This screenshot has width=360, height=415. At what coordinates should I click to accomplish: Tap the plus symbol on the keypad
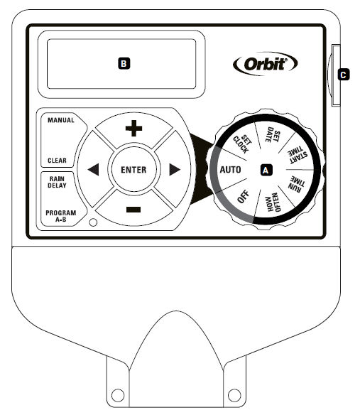[x=133, y=129]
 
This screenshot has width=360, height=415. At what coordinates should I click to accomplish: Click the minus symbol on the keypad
[x=133, y=210]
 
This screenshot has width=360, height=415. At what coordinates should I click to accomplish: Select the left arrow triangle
[x=93, y=169]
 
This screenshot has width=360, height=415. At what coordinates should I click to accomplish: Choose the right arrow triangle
[x=175, y=169]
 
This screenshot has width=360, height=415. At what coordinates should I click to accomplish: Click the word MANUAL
[x=61, y=120]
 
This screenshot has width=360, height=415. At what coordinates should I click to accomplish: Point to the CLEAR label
[x=57, y=161]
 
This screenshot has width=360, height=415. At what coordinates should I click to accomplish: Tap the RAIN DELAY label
[x=57, y=182]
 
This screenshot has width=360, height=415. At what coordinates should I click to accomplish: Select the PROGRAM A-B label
[x=61, y=216]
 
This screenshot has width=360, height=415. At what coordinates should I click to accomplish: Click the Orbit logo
[x=266, y=64]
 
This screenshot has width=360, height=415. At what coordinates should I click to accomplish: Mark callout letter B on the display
[x=124, y=63]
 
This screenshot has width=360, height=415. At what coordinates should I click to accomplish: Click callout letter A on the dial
[x=266, y=170]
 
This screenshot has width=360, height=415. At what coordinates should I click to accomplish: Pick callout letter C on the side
[x=344, y=75]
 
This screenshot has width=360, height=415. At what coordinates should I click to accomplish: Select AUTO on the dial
[x=230, y=169]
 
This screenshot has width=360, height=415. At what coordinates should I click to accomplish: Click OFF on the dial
[x=244, y=197]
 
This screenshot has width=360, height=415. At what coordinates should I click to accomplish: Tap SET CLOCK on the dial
[x=242, y=144]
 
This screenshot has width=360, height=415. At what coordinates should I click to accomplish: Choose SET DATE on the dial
[x=273, y=136]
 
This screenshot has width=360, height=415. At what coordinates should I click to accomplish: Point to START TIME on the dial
[x=298, y=155]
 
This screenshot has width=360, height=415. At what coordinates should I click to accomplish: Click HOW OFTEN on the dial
[x=273, y=203]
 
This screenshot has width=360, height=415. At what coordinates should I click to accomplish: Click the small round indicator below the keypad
[x=93, y=222]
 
